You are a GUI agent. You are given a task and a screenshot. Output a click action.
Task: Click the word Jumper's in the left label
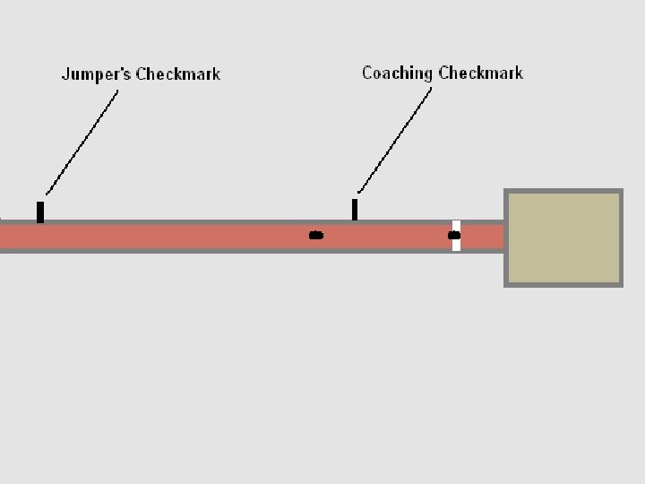(x=97, y=74)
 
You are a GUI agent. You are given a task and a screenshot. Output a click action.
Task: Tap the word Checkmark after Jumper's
(x=177, y=74)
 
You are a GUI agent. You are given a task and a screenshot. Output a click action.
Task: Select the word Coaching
(x=398, y=73)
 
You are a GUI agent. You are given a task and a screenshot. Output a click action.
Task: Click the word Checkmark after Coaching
(x=481, y=73)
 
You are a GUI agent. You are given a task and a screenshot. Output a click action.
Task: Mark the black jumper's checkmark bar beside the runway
(x=40, y=212)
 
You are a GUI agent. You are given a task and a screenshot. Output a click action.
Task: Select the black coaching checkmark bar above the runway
(x=355, y=210)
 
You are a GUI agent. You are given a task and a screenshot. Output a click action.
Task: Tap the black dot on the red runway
(x=315, y=236)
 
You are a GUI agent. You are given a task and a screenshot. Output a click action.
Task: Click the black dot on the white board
(x=454, y=236)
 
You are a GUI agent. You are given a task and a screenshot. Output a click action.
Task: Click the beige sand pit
(x=564, y=238)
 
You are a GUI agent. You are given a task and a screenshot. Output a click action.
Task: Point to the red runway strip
(x=179, y=237)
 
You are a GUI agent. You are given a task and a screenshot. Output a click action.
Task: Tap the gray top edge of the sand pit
(x=564, y=192)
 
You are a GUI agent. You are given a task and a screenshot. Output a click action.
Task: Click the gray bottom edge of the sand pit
(x=564, y=284)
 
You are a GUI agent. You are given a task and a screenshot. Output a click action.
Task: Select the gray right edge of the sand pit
(x=621, y=238)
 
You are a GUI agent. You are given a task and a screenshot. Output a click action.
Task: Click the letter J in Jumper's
(x=64, y=74)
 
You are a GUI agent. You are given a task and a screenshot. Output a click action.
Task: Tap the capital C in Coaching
(x=367, y=73)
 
